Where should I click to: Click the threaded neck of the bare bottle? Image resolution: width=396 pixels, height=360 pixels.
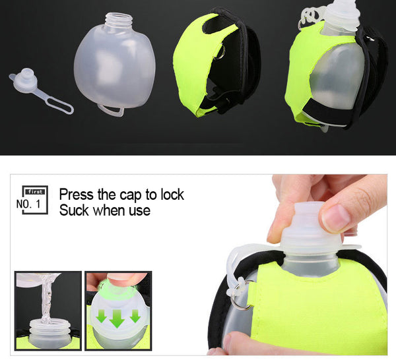point(119,20)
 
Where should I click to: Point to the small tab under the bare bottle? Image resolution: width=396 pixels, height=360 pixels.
point(111,110)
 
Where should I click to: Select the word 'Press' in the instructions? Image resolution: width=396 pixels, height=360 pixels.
point(76,195)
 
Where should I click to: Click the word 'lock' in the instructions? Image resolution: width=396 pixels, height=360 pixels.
point(172,195)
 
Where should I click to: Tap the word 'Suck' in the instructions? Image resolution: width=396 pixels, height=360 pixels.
point(74,210)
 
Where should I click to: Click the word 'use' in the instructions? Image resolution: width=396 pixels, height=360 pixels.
point(139,211)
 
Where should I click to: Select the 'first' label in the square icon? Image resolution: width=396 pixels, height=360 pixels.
point(35,192)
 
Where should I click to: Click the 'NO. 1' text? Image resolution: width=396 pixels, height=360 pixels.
point(28,204)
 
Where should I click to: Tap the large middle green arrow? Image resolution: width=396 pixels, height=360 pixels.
point(117,318)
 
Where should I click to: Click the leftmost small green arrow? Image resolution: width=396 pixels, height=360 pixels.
point(102,316)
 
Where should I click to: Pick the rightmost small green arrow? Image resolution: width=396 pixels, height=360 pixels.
point(135,316)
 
